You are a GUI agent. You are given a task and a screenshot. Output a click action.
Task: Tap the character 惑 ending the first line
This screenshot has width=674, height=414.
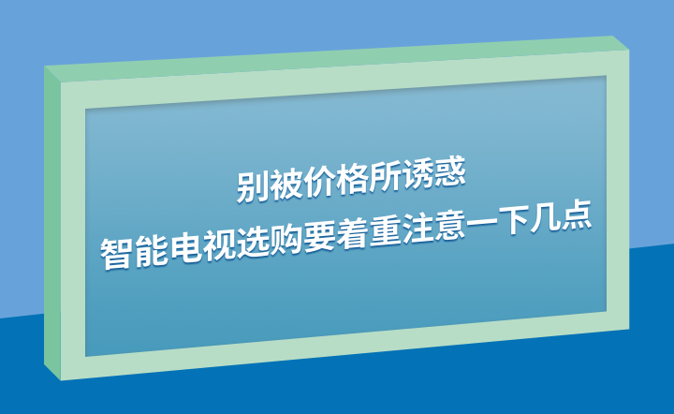point(449,171)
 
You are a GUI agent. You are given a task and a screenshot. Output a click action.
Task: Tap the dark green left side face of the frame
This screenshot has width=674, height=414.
point(52,224)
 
